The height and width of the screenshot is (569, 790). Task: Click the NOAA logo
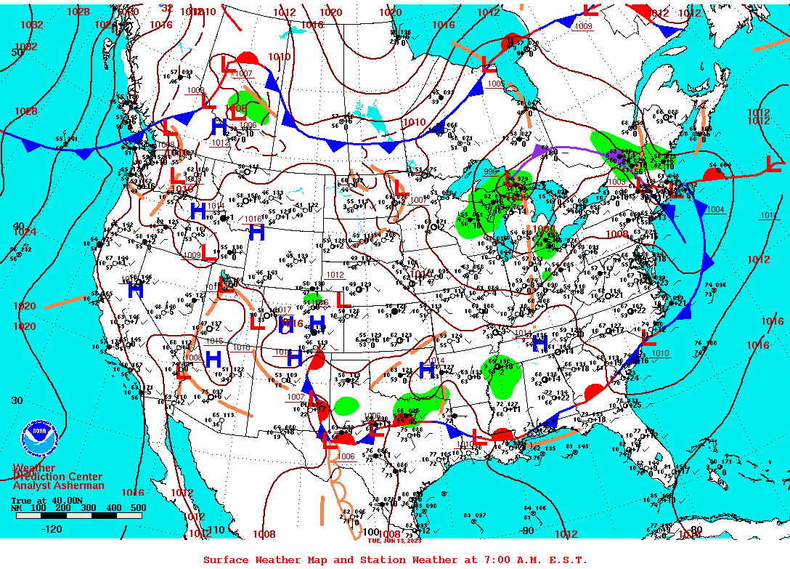click(40, 438)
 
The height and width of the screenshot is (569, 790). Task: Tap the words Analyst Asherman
click(58, 485)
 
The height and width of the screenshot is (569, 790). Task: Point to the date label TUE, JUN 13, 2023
click(394, 540)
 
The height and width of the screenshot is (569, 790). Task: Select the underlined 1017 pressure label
click(282, 310)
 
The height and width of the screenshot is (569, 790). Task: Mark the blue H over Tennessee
click(539, 344)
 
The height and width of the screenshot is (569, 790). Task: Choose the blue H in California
click(135, 290)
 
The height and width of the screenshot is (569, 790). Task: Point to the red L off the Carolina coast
click(648, 337)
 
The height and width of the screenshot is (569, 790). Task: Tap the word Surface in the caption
click(227, 560)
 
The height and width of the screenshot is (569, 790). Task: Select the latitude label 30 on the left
click(17, 400)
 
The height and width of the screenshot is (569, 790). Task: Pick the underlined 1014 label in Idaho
click(216, 206)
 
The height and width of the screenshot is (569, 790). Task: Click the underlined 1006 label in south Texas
click(346, 456)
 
